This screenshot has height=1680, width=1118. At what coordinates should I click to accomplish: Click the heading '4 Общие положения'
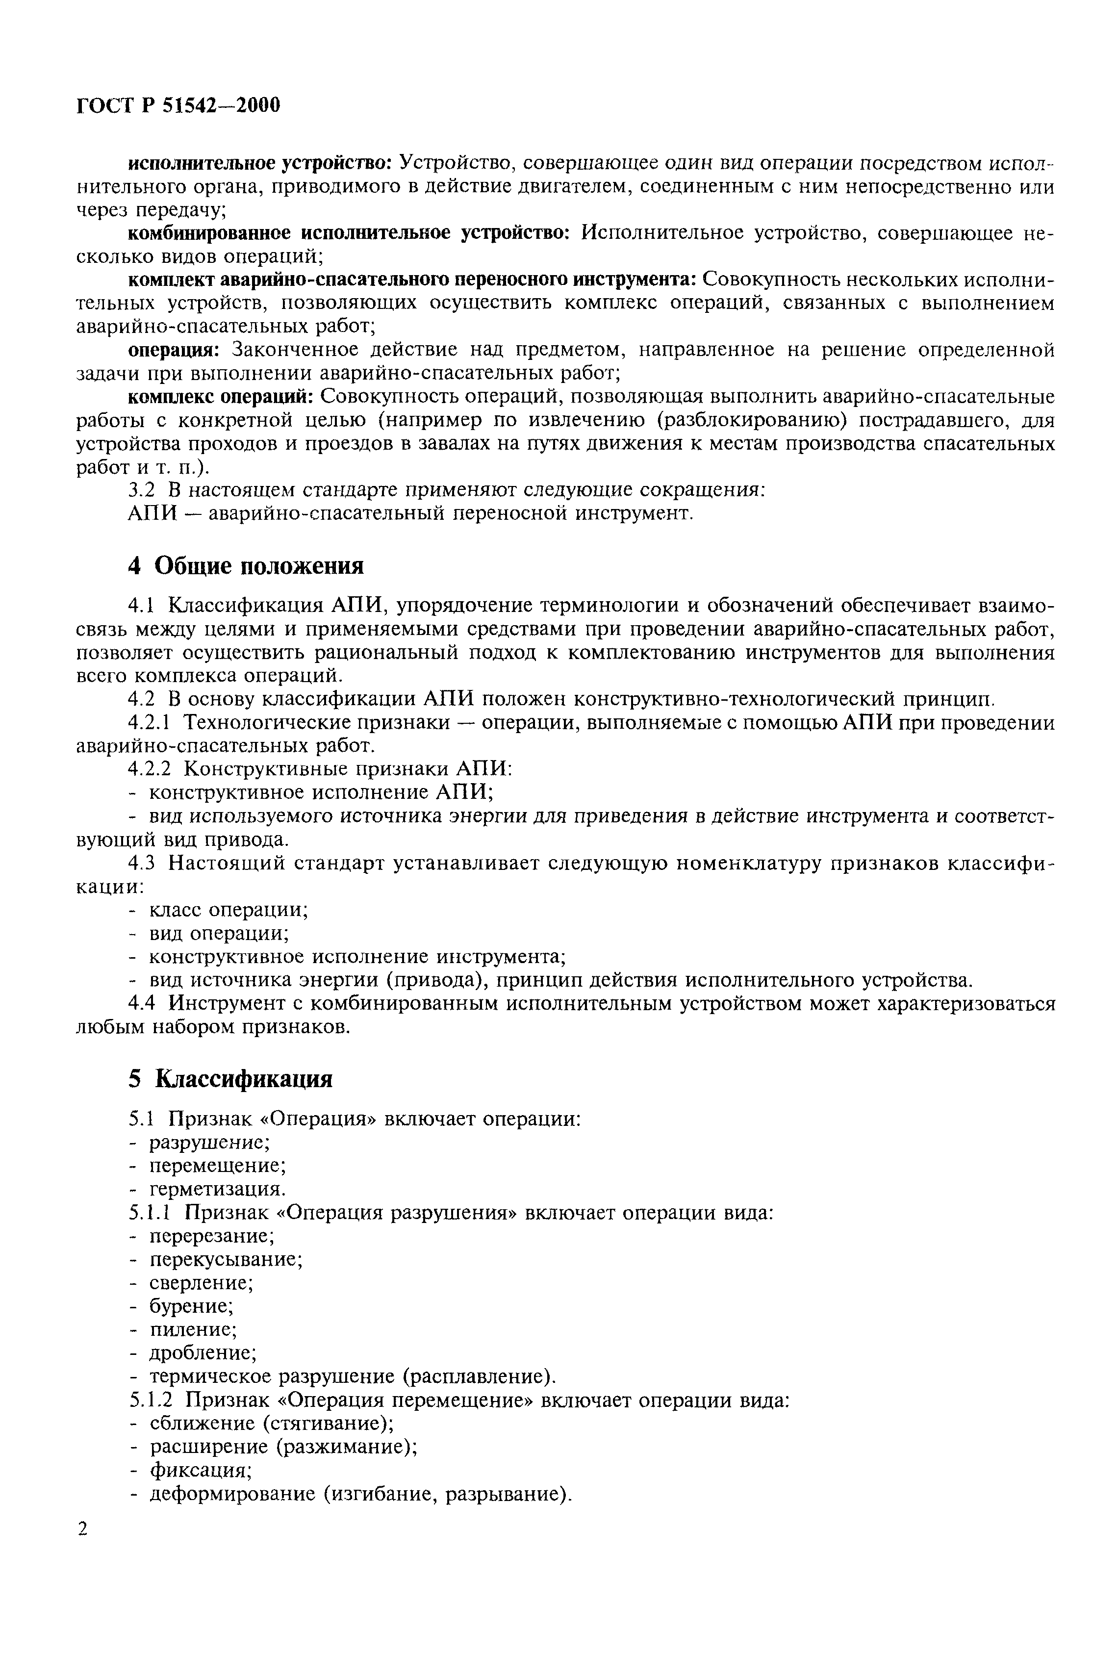tap(246, 565)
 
